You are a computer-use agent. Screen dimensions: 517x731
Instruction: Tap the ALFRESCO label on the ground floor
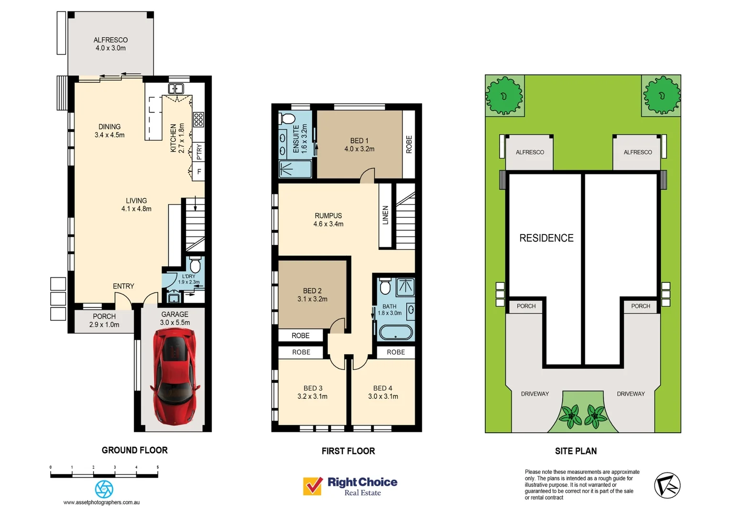click(x=110, y=40)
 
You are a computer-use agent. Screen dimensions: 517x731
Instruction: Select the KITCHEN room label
click(x=174, y=138)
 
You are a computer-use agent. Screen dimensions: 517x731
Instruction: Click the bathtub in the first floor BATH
click(x=395, y=332)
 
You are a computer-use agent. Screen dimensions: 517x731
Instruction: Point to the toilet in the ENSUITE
click(x=288, y=118)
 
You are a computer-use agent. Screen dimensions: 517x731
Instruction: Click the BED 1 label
click(x=359, y=141)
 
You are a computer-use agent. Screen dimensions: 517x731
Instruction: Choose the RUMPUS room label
click(x=328, y=216)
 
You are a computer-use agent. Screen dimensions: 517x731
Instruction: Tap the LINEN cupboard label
click(x=385, y=215)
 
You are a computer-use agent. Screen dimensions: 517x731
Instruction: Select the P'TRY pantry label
click(x=199, y=152)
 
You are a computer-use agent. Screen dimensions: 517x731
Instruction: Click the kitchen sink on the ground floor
click(x=175, y=89)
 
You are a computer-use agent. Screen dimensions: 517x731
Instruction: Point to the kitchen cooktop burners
click(x=198, y=119)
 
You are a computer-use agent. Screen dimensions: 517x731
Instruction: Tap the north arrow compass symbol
click(x=667, y=485)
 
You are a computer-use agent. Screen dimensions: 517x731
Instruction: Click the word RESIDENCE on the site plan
click(x=546, y=238)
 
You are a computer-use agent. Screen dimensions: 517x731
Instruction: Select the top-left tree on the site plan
click(x=504, y=96)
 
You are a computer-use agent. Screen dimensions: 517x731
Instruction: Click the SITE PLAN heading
click(x=576, y=451)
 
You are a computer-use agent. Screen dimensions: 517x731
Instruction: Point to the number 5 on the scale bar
click(x=157, y=467)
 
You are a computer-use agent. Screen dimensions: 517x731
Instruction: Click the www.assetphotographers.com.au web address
click(x=101, y=502)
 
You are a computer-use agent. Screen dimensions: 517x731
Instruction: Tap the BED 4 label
click(x=382, y=388)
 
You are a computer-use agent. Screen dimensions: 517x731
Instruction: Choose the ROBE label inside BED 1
click(x=409, y=145)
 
